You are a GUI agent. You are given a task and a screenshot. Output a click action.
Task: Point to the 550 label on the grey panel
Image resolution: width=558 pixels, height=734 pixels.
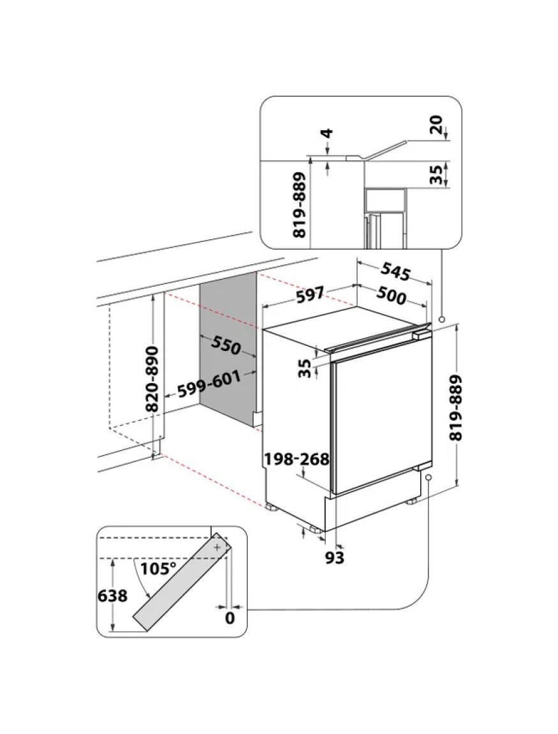pos(226,345)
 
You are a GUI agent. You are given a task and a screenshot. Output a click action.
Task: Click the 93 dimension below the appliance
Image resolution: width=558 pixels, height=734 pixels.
pos(334,558)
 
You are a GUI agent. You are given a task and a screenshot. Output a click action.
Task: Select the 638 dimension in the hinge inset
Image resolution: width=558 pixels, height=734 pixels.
pos(112,596)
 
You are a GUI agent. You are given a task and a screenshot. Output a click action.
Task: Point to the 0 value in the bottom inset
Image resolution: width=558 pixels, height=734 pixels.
pos(230,618)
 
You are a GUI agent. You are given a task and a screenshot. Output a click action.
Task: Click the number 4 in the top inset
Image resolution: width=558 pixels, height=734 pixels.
pos(327,135)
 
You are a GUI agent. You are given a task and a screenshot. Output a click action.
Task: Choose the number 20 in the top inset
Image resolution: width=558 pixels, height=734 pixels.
pos(437,126)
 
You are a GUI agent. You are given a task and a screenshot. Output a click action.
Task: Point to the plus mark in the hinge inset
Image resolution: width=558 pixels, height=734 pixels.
pos(218,548)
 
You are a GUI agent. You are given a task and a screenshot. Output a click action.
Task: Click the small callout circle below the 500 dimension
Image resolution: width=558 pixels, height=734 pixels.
pos(441,318)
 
